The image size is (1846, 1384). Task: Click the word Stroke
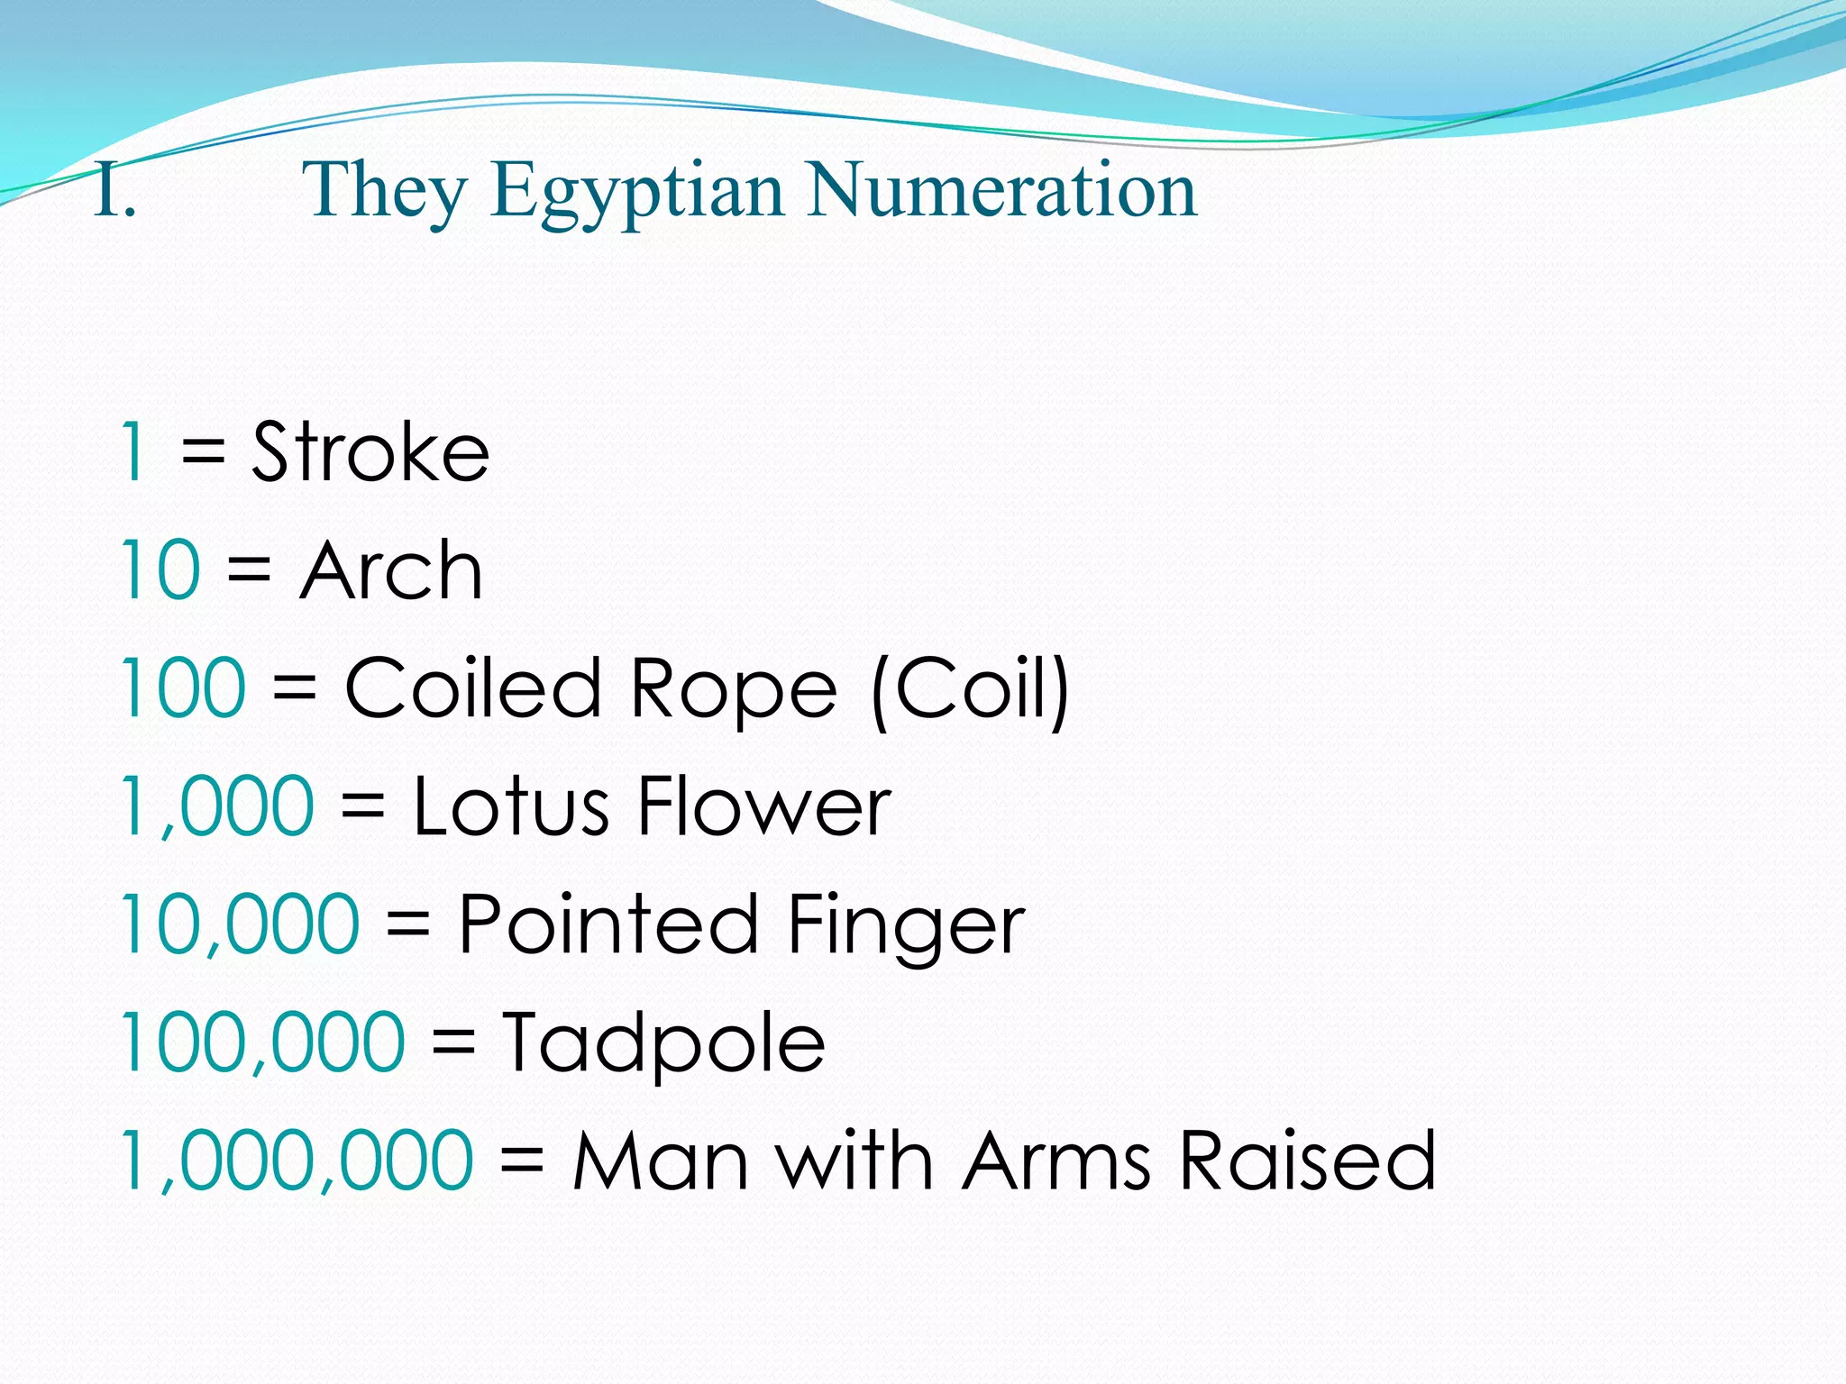coord(370,451)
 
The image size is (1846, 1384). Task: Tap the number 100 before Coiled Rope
coord(182,688)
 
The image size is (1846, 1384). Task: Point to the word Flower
coord(764,806)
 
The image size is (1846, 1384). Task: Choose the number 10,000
coord(240,924)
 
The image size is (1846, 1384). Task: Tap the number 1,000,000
coord(297,1162)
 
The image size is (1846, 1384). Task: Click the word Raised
coord(1307,1161)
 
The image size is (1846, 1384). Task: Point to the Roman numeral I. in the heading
coord(114,191)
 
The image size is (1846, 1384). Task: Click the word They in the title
coord(385,192)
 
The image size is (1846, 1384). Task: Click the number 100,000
coord(262,1043)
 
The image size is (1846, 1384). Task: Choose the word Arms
coord(1057,1161)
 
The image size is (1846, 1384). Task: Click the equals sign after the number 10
coord(250,570)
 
